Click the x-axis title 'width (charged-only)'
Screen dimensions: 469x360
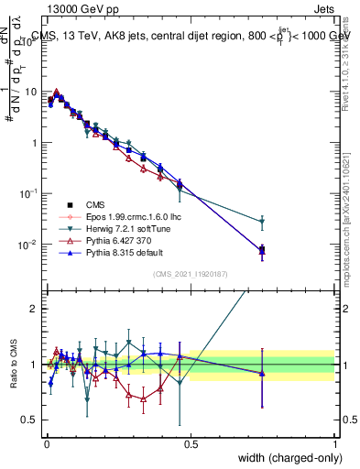[284, 458]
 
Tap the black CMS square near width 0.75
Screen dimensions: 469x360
[262, 250]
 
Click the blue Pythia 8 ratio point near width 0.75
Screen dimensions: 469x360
[262, 373]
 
